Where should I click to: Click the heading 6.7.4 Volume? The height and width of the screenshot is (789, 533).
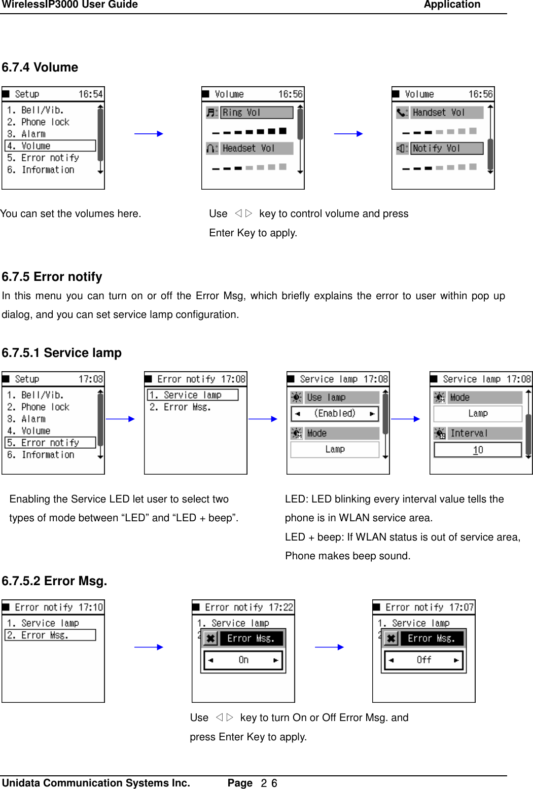click(40, 67)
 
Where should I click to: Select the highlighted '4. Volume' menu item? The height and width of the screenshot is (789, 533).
click(50, 146)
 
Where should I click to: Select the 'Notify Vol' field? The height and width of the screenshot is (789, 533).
click(446, 148)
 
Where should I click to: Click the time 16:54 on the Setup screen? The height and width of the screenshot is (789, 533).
click(90, 94)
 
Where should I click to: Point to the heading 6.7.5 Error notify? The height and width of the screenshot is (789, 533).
click(52, 277)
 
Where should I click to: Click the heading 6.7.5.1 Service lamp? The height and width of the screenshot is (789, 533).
click(61, 353)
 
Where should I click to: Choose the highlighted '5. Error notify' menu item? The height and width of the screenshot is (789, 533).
click(50, 443)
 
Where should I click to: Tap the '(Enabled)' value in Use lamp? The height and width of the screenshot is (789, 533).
click(335, 414)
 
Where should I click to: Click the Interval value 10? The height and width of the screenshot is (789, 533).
click(478, 450)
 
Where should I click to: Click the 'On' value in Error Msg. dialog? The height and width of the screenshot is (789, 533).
click(243, 660)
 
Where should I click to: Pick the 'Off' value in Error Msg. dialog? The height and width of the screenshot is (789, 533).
click(424, 660)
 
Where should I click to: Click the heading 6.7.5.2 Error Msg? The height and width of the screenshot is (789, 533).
click(54, 581)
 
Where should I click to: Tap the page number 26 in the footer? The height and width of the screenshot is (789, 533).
click(269, 783)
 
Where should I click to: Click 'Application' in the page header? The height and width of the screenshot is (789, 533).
click(452, 5)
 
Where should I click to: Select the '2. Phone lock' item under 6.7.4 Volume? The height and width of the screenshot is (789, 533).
click(45, 122)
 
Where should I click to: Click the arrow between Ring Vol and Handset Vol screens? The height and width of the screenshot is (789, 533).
click(348, 134)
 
